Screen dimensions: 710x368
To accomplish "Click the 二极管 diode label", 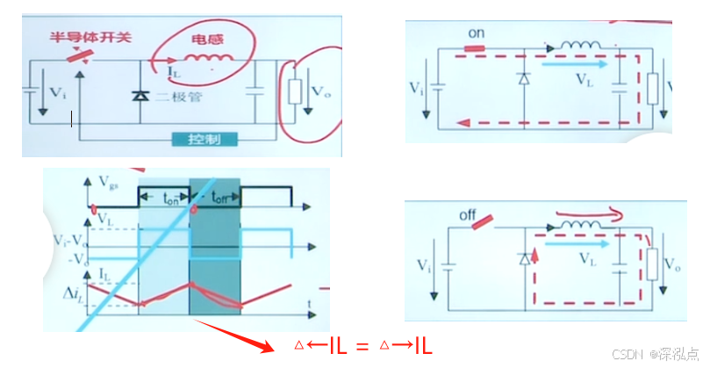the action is coord(179,97).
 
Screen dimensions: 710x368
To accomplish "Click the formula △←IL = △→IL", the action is coord(362,346).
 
